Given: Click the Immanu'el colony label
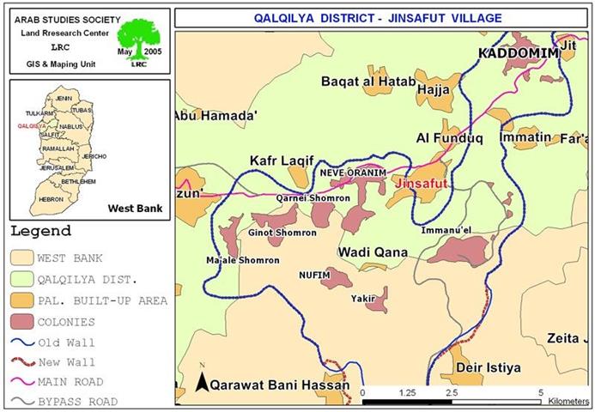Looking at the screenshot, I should (x=448, y=230).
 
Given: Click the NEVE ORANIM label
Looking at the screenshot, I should (x=353, y=172).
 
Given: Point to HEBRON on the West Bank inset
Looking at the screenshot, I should (x=51, y=199).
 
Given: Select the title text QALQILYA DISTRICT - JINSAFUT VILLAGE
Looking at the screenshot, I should (x=379, y=17).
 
